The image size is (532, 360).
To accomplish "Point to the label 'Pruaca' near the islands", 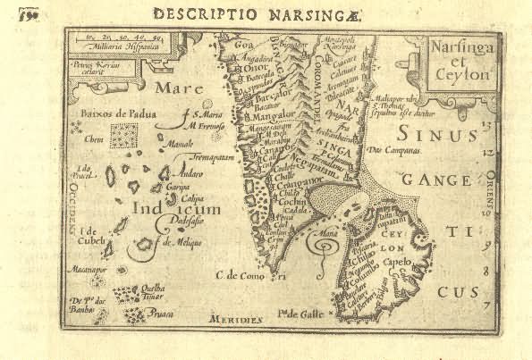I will point(161,314).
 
